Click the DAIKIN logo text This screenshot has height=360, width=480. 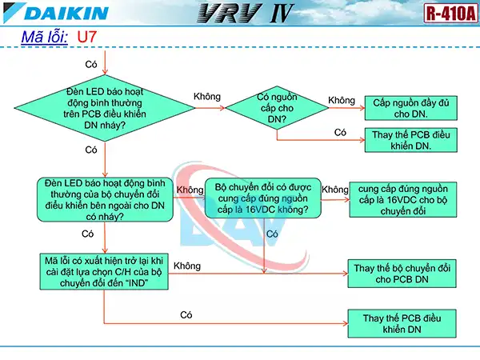coord(56,13)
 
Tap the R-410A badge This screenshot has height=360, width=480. coord(447,14)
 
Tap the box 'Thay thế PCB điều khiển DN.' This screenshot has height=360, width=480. coord(413,141)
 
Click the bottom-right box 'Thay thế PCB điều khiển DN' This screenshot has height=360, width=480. coord(403,323)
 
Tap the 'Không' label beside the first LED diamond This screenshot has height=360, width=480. coord(207,97)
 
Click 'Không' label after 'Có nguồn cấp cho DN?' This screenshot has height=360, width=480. coord(341,100)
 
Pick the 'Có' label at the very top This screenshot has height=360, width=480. coord(91,63)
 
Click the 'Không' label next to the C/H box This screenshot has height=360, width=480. coord(186,266)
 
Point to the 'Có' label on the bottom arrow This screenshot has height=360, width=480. coord(186,314)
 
